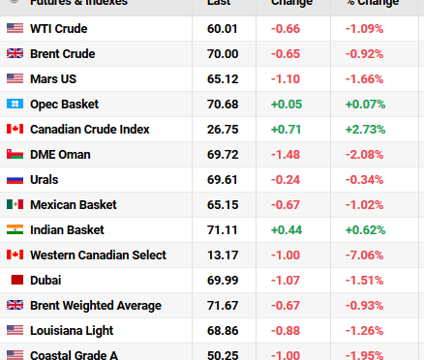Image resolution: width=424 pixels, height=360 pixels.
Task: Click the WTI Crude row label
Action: coord(58,28)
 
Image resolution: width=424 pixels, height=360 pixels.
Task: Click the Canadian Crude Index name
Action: coord(89,129)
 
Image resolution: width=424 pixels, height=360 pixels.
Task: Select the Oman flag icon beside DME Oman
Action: coord(15,154)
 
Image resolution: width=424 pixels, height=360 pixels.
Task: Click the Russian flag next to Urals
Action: coord(15,179)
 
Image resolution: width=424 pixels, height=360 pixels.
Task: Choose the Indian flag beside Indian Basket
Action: coord(15,229)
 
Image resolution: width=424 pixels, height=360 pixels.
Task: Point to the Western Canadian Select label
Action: coord(98,255)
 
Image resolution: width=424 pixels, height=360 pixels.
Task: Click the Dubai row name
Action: coord(45,280)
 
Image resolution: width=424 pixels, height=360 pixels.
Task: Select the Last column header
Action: coord(218,4)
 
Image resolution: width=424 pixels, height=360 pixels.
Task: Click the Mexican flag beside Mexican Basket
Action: coord(15,204)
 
